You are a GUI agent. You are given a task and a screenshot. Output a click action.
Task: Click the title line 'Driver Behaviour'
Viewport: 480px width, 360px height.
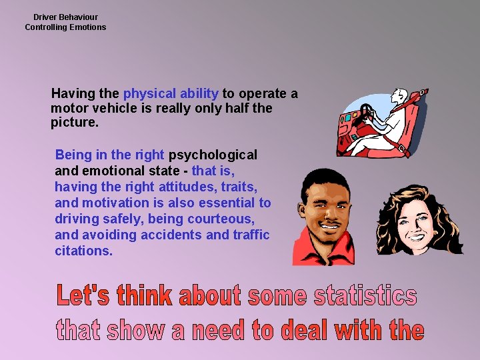(65, 17)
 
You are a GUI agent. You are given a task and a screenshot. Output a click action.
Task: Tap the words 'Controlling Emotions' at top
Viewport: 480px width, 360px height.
(65, 27)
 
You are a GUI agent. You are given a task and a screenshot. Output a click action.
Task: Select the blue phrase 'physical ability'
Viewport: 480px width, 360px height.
(171, 94)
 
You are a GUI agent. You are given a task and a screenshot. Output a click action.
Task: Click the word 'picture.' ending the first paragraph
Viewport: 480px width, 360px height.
(75, 123)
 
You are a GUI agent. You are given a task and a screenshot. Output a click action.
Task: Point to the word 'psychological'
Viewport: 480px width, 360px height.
(213, 155)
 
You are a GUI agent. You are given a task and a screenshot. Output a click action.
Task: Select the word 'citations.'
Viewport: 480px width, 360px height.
(84, 251)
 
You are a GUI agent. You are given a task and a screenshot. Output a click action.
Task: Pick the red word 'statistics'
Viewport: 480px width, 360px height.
(365, 297)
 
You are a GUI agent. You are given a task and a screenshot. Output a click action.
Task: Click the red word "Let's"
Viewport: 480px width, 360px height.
(84, 297)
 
